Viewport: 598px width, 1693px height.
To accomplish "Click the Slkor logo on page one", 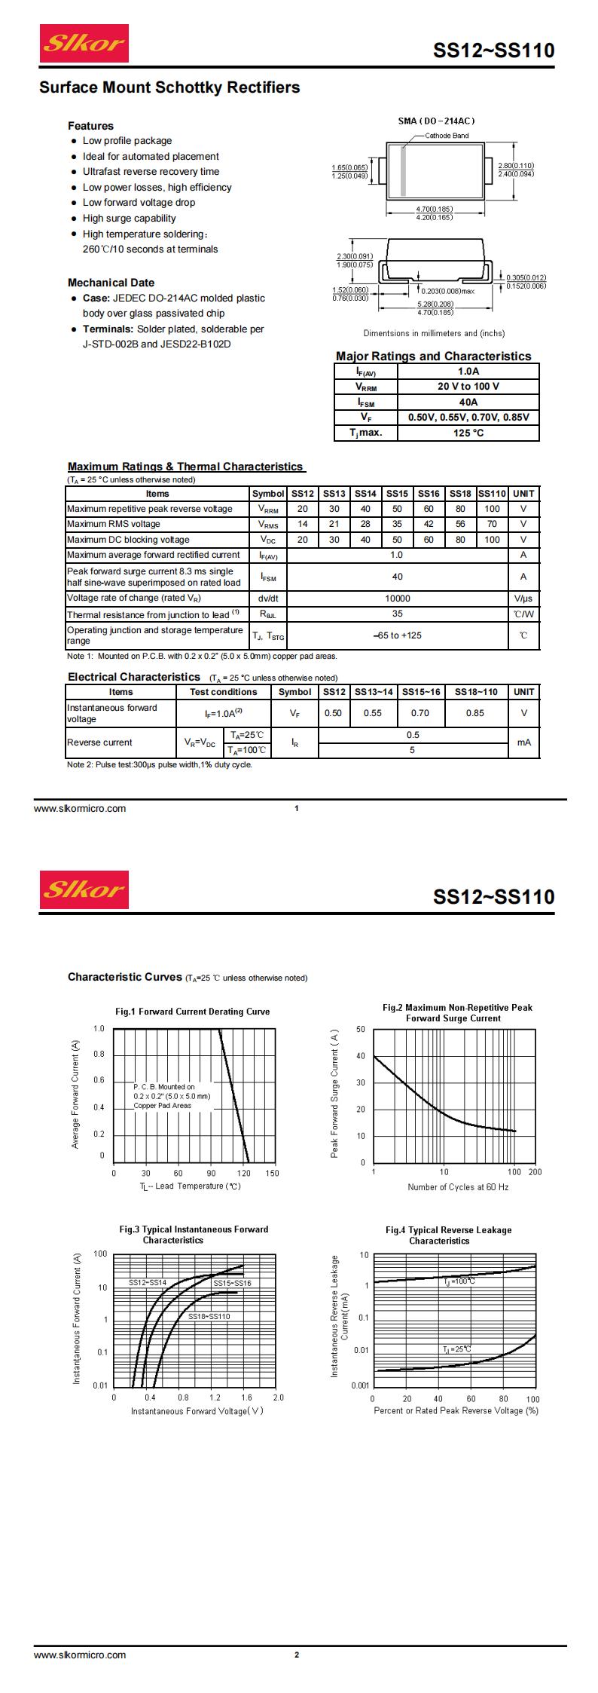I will [84, 44].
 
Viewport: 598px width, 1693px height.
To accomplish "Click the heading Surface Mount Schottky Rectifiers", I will [169, 88].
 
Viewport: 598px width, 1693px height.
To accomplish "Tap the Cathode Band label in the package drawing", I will [447, 136].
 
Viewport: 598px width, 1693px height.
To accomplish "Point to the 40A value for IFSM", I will [468, 402].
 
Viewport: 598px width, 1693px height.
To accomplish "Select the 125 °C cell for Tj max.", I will [468, 433].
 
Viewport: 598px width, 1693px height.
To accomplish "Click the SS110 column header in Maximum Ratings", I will [492, 494].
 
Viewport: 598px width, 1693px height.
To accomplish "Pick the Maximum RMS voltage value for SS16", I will [429, 524].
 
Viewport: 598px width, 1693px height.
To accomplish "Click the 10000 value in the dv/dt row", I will [397, 598].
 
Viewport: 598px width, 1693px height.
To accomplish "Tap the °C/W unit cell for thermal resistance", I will [523, 614].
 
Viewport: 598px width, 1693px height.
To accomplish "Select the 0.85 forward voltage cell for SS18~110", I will [475, 712].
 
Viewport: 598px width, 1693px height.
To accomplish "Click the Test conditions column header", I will [223, 692].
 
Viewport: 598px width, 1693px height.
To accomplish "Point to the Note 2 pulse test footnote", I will [160, 764].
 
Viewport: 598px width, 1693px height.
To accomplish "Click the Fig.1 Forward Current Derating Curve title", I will [192, 1012].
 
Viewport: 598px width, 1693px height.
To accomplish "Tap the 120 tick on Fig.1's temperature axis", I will [243, 1173].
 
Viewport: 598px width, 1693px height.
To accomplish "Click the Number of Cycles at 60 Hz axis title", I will [458, 1187].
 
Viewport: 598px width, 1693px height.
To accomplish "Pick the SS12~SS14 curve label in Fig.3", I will [147, 1281].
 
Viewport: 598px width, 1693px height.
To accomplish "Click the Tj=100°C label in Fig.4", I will [459, 1281].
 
